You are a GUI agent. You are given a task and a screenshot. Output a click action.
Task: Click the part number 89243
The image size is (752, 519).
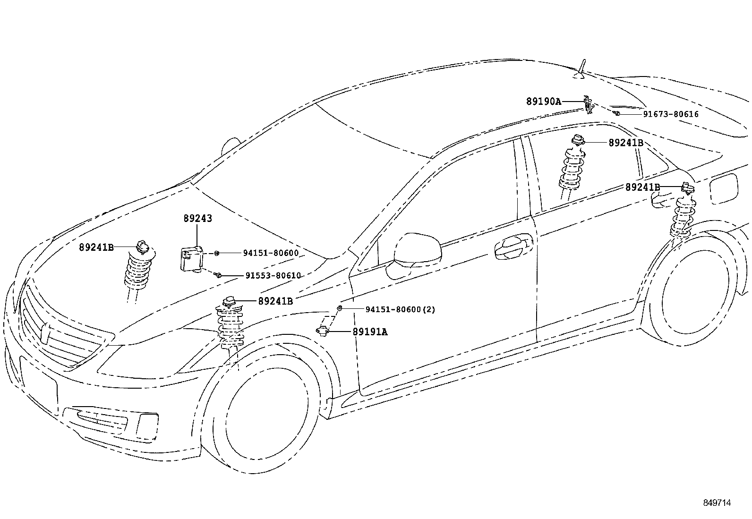click(x=197, y=219)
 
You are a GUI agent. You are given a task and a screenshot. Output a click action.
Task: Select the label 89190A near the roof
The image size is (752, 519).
click(x=544, y=101)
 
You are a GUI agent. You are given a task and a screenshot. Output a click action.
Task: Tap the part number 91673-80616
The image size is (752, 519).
click(x=670, y=114)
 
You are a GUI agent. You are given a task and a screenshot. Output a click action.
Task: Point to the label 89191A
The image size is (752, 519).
click(x=370, y=332)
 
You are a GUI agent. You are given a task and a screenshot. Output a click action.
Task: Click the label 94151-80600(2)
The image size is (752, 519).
click(x=400, y=310)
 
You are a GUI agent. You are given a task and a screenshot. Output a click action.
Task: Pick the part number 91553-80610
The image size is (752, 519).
click(x=273, y=276)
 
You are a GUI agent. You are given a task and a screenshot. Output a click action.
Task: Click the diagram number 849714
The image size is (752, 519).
click(x=716, y=503)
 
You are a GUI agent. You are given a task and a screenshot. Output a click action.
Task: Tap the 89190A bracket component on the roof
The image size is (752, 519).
click(x=587, y=105)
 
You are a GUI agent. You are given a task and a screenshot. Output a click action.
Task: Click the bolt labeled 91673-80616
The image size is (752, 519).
click(x=617, y=113)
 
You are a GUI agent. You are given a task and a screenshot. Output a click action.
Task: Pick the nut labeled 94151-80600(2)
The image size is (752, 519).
click(x=340, y=308)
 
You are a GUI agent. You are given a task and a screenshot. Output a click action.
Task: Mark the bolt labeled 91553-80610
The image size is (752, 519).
click(x=218, y=274)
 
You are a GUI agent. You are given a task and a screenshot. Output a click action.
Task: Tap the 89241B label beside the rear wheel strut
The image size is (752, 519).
click(x=642, y=187)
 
